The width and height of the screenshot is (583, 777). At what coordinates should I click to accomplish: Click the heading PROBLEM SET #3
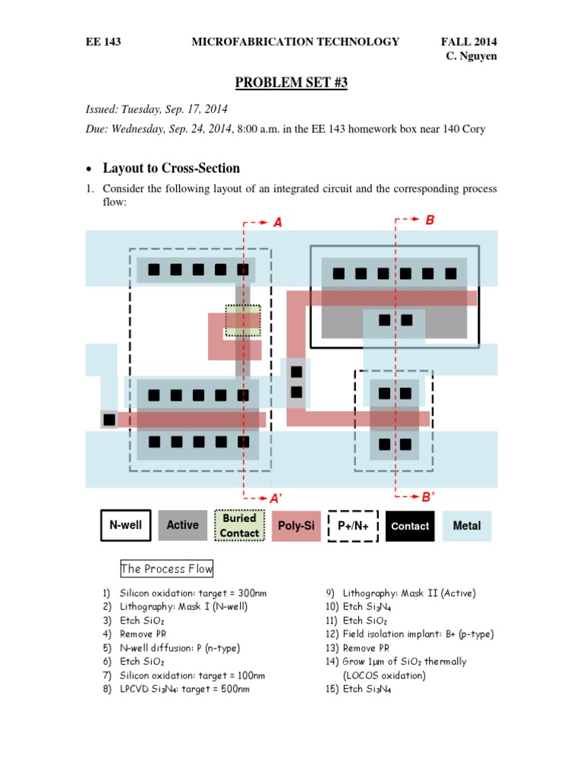tap(291, 83)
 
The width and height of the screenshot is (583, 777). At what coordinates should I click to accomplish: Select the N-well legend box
tap(126, 525)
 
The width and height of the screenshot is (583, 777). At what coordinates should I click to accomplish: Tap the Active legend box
tap(182, 525)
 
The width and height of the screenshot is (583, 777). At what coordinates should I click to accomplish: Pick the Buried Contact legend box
tap(239, 525)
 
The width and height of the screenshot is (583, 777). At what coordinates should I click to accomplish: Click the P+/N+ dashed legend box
tap(353, 525)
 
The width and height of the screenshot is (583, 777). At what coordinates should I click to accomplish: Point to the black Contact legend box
tap(410, 525)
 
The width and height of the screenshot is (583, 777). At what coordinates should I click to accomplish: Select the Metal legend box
tap(466, 525)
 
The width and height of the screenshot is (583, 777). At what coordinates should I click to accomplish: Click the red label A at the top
tap(277, 222)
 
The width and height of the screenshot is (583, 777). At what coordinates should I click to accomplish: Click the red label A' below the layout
tap(276, 498)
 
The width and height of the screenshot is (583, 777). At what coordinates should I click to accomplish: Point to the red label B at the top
tap(430, 220)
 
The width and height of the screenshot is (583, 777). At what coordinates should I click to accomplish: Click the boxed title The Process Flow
tap(167, 568)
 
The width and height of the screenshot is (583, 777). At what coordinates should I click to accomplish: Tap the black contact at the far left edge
tap(109, 419)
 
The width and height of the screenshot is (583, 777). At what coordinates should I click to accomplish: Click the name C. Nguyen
tap(471, 57)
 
